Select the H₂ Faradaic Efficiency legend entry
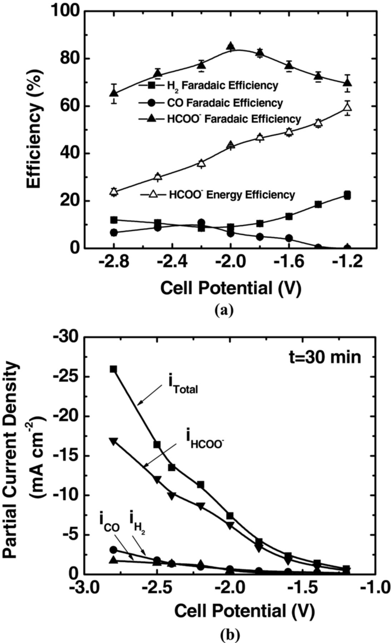209,86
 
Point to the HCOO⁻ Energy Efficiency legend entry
218,195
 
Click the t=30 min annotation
325,357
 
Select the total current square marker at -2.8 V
114,369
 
